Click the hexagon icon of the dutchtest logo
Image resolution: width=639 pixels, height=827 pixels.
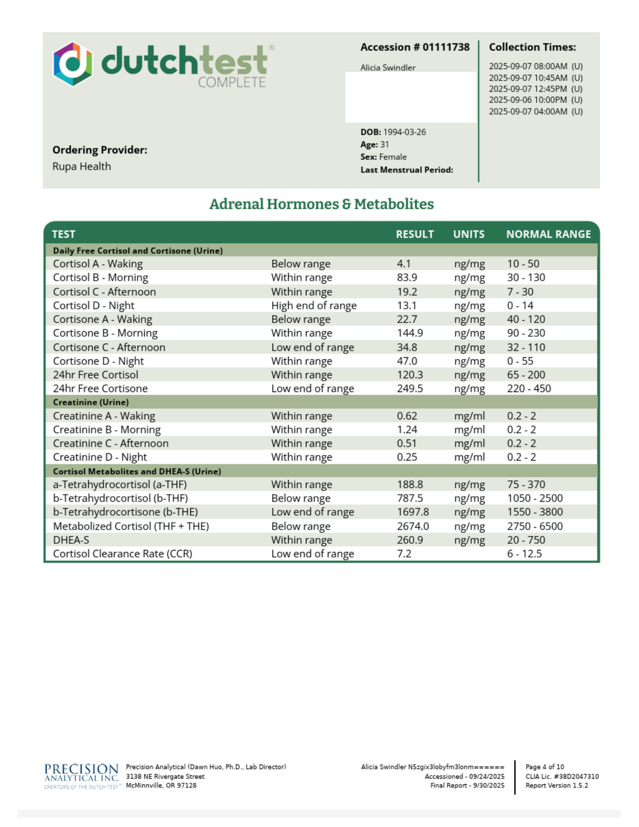(x=73, y=64)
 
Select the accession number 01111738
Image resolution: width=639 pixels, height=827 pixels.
(x=446, y=47)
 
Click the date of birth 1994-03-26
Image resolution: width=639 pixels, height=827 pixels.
(x=404, y=132)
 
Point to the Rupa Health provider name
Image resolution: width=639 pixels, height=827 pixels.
(x=81, y=167)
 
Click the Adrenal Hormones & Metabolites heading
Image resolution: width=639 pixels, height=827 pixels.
(x=321, y=204)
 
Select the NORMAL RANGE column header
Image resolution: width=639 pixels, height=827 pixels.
(x=548, y=234)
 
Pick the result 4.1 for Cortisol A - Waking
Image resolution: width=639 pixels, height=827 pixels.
(x=404, y=264)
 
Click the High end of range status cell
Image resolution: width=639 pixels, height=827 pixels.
(x=314, y=306)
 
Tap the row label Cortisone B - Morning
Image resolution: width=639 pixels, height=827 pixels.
(x=105, y=333)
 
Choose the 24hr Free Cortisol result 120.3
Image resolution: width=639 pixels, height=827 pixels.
(x=409, y=375)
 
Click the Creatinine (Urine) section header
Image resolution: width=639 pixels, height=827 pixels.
(x=91, y=403)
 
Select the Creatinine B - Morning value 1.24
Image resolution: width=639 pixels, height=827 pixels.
(x=407, y=430)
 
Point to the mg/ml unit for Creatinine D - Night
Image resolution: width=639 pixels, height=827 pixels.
(x=469, y=457)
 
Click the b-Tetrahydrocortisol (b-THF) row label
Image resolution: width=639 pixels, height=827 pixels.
(x=120, y=498)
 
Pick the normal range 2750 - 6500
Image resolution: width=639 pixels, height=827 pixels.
(x=535, y=526)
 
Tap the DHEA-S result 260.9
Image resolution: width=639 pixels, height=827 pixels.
(x=409, y=540)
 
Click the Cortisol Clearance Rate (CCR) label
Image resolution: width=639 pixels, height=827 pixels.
(x=122, y=554)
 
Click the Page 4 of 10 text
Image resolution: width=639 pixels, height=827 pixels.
(x=544, y=767)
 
